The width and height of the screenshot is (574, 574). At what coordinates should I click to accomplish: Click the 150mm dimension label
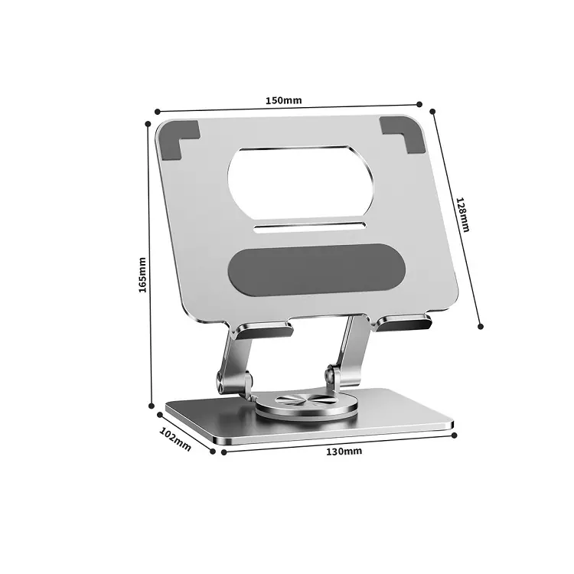coord(284,100)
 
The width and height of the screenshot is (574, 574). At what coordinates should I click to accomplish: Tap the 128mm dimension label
coord(462,215)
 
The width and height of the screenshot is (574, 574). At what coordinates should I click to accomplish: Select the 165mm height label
coord(142,275)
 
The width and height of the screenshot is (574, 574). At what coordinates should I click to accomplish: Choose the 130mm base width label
coord(344,452)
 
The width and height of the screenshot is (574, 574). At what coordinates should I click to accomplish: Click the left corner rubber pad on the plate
coord(179,140)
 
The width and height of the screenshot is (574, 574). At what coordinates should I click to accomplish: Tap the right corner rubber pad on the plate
coord(403,134)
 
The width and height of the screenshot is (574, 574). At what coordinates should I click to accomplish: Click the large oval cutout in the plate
coord(300,184)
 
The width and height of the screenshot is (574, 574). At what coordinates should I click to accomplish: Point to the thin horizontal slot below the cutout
coord(310,227)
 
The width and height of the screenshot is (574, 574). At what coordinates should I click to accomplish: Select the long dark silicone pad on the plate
coord(316,270)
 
